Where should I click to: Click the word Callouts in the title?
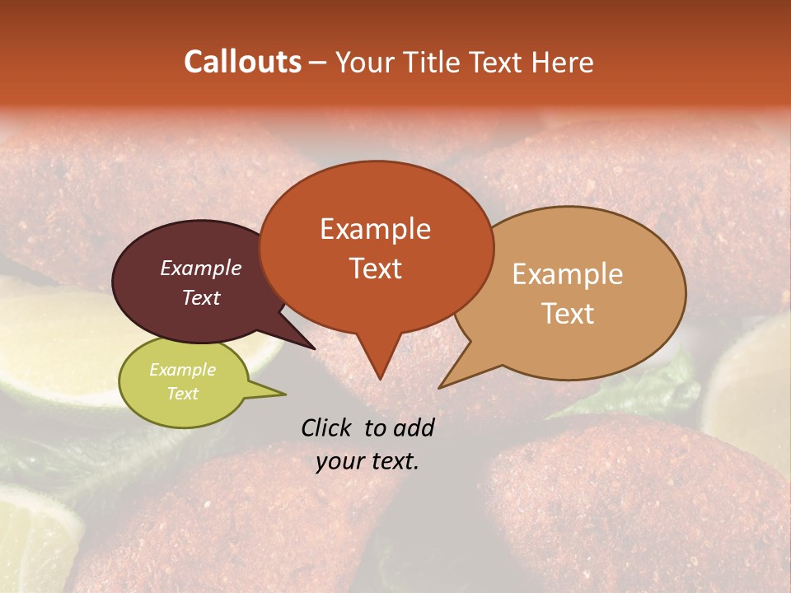pyautogui.click(x=242, y=62)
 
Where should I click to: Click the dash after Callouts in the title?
pyautogui.click(x=319, y=63)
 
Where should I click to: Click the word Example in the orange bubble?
pyautogui.click(x=375, y=229)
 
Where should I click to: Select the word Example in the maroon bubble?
pyautogui.click(x=200, y=268)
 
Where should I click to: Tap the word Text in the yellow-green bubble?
pyautogui.click(x=182, y=394)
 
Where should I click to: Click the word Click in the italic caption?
pyautogui.click(x=327, y=427)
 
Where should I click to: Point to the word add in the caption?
pyautogui.click(x=412, y=427)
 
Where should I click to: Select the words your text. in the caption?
pyautogui.click(x=367, y=461)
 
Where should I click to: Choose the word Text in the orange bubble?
pyautogui.click(x=375, y=268)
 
